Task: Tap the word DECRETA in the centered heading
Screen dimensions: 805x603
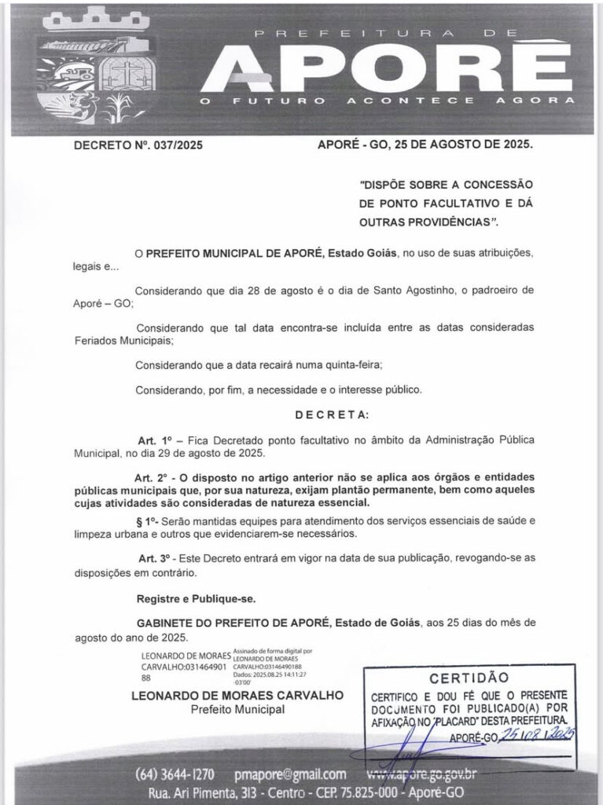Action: click(332, 414)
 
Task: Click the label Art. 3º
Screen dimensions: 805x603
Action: click(155, 557)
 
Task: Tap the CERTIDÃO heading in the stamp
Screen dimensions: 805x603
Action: click(463, 678)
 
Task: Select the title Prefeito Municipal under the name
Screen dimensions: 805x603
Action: click(238, 710)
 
